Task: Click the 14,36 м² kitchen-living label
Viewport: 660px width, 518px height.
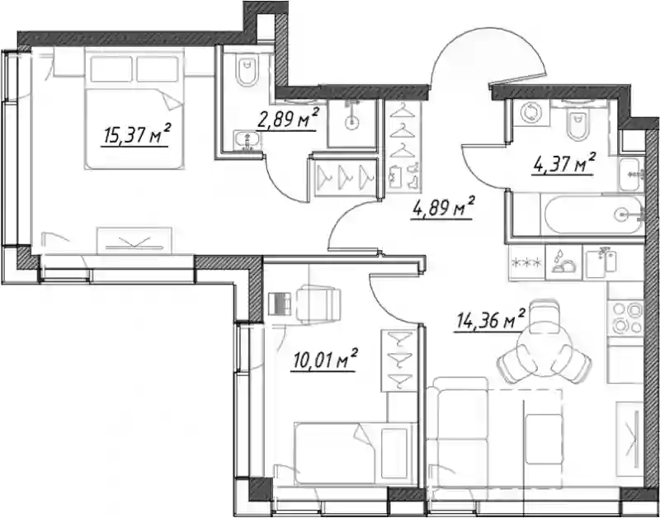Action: coord(490,320)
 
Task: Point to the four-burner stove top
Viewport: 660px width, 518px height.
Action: coord(625,318)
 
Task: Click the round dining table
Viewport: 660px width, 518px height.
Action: coord(544,351)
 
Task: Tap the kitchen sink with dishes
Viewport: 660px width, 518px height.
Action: coord(563,262)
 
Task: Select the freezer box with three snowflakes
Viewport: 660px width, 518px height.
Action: coord(527,263)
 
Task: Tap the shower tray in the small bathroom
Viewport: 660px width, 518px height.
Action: coord(352,123)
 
